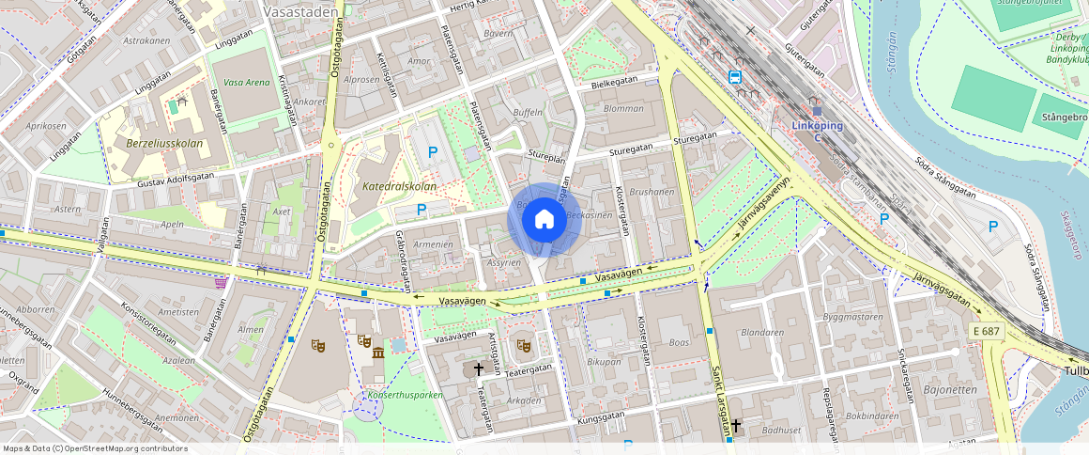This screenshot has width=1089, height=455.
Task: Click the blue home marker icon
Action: pyautogui.click(x=544, y=220)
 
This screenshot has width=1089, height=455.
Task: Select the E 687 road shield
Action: pyautogui.click(x=988, y=332)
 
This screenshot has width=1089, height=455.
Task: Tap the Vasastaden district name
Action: pyautogui.click(x=300, y=13)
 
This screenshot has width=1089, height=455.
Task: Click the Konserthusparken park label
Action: pyautogui.click(x=405, y=395)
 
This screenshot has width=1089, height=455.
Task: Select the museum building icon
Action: pyautogui.click(x=378, y=353)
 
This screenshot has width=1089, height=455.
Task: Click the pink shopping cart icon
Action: pyautogui.click(x=221, y=281)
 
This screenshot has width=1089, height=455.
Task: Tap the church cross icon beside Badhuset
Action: pyautogui.click(x=736, y=426)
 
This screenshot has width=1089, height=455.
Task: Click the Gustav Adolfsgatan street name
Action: pyautogui.click(x=176, y=176)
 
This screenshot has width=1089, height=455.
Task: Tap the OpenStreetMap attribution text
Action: pyautogui.click(x=96, y=448)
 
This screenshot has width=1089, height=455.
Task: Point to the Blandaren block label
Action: pyautogui.click(x=761, y=332)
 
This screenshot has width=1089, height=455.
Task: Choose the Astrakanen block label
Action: pyautogui.click(x=147, y=40)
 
